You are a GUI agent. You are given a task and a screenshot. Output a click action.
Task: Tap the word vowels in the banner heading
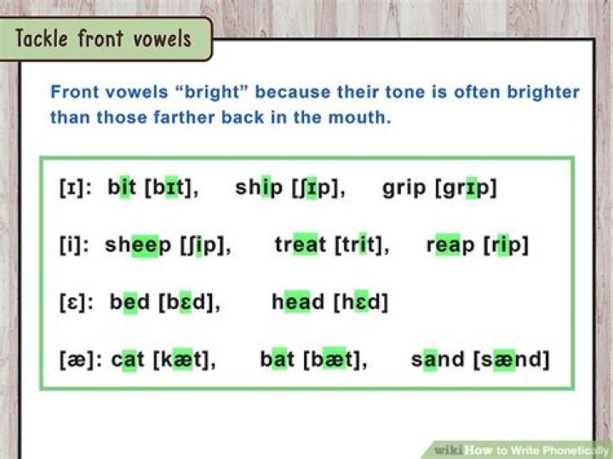point(160,39)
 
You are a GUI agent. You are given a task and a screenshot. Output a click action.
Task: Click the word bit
point(122,188)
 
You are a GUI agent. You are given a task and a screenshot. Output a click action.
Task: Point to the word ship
point(258,188)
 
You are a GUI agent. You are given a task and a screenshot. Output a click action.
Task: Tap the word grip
point(406,188)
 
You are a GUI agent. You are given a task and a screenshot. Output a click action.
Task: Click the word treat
point(300,245)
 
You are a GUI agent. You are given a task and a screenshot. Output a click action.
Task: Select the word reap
point(451,245)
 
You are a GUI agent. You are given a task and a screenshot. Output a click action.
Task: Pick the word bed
point(129,301)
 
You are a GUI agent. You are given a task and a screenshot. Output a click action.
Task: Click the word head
point(298,301)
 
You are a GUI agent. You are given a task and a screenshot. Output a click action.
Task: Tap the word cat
point(128,359)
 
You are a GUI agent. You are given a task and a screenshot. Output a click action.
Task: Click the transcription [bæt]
point(335,359)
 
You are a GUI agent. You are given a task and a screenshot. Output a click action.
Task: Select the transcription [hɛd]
point(364,301)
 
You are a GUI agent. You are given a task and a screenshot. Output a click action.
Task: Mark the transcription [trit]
point(361,245)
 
